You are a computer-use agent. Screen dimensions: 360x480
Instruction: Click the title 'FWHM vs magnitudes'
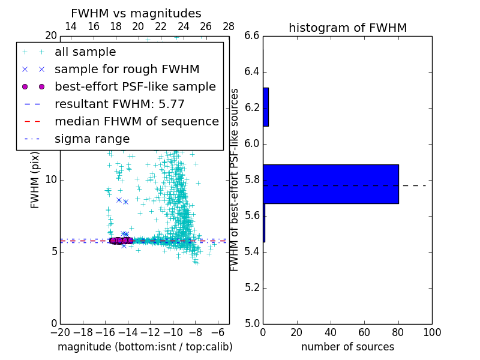point(136,13)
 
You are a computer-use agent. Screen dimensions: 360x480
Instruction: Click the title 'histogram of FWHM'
point(347,28)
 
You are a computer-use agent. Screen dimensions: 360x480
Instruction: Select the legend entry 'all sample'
point(85,52)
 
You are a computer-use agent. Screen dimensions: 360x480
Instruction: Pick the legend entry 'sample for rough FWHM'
point(127,69)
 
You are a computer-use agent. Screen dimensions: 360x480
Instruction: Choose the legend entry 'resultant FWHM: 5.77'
point(119,104)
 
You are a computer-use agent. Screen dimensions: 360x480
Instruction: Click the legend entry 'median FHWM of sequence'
point(136,121)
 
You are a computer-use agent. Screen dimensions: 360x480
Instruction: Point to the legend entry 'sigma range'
point(92,139)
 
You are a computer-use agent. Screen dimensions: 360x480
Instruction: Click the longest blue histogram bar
point(331,184)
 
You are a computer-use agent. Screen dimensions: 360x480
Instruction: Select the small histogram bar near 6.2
point(266,107)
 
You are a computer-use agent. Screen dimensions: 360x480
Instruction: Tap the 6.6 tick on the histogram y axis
point(252,36)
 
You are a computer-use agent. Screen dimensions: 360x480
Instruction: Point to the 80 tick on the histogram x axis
point(398,332)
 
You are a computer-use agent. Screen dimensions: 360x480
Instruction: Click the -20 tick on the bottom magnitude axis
point(60,332)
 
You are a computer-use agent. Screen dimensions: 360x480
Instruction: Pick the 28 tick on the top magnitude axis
point(229,26)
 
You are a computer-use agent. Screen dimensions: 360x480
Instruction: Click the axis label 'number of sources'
point(347,347)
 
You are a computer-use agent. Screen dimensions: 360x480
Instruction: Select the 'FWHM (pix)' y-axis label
point(35,179)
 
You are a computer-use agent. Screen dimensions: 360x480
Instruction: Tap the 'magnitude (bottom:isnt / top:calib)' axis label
point(145,347)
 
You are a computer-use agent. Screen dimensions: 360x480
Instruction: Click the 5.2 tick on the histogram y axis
point(252,287)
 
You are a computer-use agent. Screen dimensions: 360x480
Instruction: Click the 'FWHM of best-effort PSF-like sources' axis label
point(235,179)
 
